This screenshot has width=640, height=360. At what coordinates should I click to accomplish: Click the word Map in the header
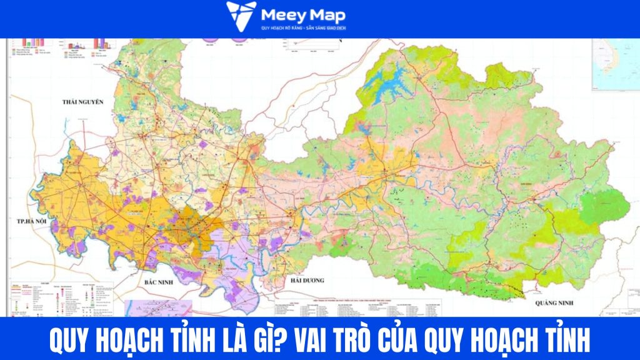(329, 15)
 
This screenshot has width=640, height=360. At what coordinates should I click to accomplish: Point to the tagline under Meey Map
(304, 29)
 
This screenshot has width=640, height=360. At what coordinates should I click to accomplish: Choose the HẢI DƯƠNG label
(306, 281)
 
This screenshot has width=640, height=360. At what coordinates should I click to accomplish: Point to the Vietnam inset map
(616, 62)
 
